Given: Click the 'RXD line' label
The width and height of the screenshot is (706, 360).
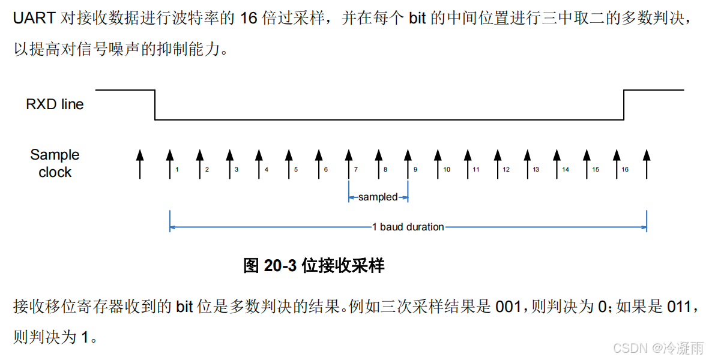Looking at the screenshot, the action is click(x=55, y=104).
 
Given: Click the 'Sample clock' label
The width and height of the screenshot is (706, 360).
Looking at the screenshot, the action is click(x=55, y=163).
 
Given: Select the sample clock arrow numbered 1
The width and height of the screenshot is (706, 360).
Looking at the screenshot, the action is click(x=170, y=163).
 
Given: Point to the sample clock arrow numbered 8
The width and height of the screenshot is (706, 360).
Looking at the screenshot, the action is click(x=378, y=163).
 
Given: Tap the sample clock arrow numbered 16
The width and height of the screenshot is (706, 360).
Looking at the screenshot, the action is click(x=616, y=163).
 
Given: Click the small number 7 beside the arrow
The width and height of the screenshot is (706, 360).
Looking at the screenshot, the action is click(x=356, y=170).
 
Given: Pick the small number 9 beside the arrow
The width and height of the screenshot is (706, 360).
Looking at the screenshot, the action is click(x=415, y=170).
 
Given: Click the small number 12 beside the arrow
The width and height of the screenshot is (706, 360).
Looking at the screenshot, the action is click(x=506, y=170).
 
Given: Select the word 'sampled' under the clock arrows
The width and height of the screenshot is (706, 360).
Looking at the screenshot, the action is click(x=378, y=197).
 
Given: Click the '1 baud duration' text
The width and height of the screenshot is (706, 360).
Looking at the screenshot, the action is click(x=408, y=227).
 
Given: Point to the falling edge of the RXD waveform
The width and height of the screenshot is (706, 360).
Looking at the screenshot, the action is click(x=155, y=105).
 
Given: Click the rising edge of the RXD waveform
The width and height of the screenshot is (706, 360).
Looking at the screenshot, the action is click(x=624, y=105).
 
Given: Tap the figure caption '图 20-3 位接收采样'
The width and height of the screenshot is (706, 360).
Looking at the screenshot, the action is click(x=313, y=266).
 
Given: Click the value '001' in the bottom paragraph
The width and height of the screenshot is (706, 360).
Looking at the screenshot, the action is click(x=508, y=307).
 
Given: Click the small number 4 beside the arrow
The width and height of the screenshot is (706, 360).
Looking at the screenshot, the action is click(x=267, y=170).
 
